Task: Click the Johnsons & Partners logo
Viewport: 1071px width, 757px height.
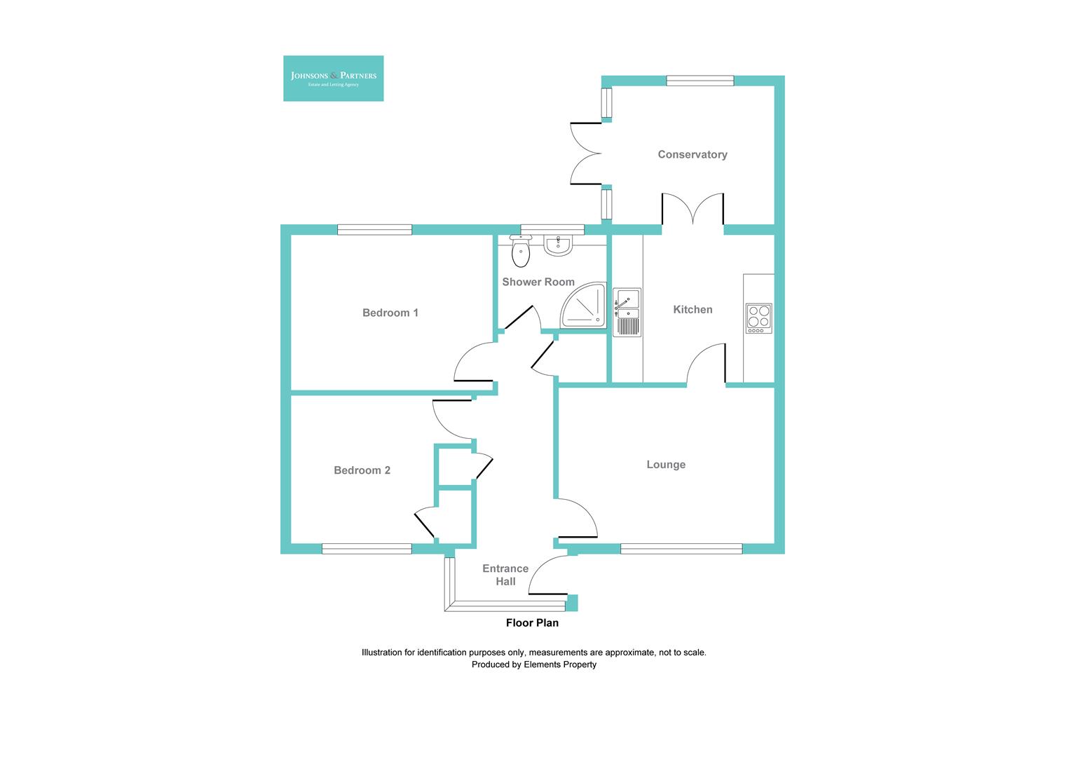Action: (333, 78)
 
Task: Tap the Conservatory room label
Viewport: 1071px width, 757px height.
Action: (692, 154)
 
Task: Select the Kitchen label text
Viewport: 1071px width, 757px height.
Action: (693, 309)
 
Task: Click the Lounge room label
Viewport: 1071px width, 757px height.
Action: (665, 464)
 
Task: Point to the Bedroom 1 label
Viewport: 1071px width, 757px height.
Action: (390, 313)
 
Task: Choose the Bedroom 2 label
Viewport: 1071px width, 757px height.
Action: (362, 470)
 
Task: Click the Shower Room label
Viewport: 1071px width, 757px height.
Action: (538, 282)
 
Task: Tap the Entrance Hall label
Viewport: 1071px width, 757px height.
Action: (505, 575)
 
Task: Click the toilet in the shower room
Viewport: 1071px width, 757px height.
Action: (521, 252)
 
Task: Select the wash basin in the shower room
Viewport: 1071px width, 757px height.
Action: (559, 245)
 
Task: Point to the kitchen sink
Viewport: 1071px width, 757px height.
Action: (627, 312)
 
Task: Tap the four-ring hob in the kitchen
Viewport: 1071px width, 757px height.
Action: (758, 318)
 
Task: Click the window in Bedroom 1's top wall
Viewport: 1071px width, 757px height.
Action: (374, 229)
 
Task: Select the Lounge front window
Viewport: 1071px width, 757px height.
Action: (681, 549)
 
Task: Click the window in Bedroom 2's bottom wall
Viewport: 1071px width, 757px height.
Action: (367, 549)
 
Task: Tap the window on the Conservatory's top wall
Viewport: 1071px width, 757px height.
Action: (700, 81)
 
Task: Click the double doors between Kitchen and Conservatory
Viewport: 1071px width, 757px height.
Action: (693, 212)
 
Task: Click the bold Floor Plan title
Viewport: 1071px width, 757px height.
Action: (532, 622)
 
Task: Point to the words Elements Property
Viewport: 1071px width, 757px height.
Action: (560, 664)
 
